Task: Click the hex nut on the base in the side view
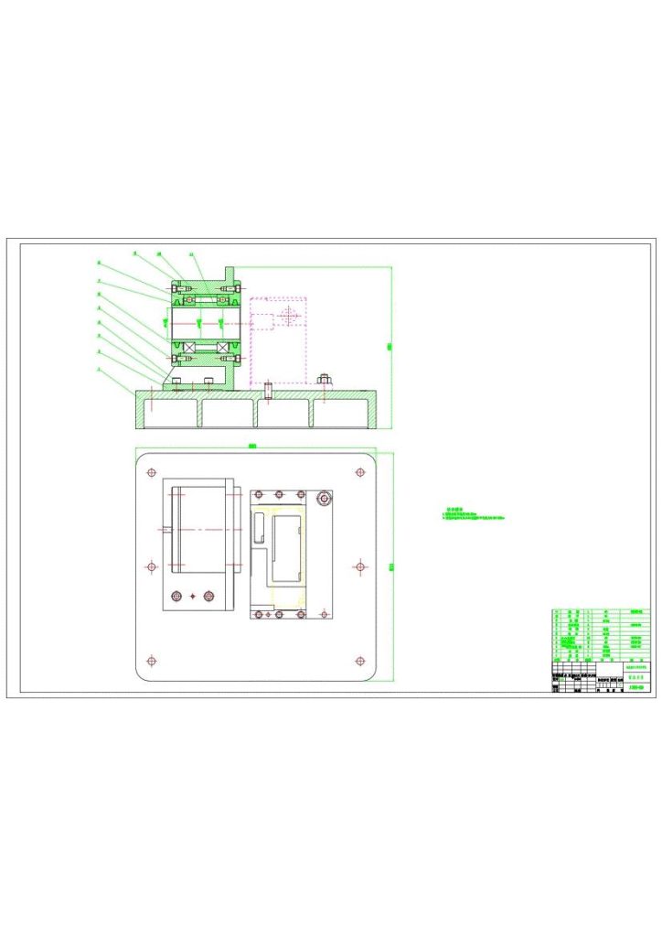[324, 378]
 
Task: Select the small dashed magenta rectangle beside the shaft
[262, 321]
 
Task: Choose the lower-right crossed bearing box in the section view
[223, 348]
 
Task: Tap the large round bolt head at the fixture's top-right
[324, 499]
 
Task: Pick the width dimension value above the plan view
[252, 447]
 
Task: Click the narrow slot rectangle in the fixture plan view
[259, 528]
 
